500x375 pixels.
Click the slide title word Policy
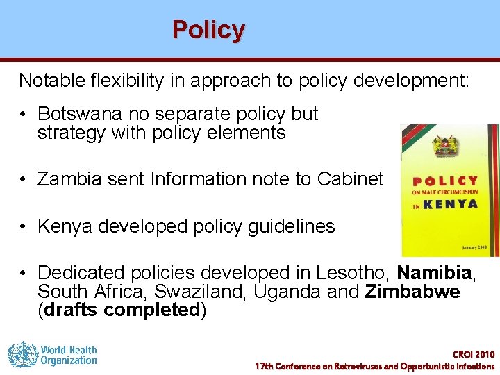(x=208, y=30)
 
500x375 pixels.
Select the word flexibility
(x=127, y=81)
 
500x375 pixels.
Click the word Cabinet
(x=350, y=179)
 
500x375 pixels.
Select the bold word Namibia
(x=435, y=273)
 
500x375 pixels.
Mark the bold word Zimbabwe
(x=412, y=292)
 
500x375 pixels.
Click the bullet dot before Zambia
(x=24, y=180)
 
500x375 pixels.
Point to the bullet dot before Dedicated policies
(x=24, y=274)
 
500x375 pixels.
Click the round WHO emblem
(x=22, y=355)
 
